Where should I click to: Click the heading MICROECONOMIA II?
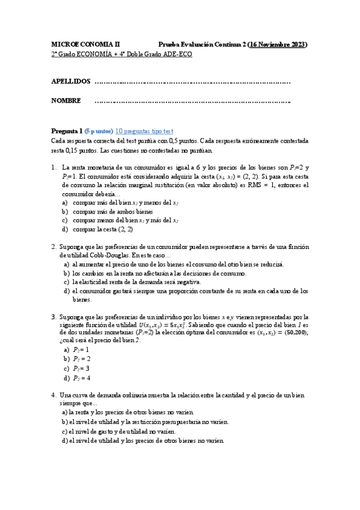point(85,45)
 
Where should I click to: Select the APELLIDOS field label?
point(71,81)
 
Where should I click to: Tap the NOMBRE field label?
point(66,100)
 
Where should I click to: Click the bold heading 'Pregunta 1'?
point(67,131)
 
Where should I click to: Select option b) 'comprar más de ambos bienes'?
point(112,212)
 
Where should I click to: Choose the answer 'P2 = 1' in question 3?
point(81,349)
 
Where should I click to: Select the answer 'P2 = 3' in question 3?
point(81,368)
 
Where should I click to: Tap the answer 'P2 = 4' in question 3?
point(81,378)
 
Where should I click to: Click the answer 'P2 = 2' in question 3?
point(81,359)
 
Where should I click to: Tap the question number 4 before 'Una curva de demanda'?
point(53,395)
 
